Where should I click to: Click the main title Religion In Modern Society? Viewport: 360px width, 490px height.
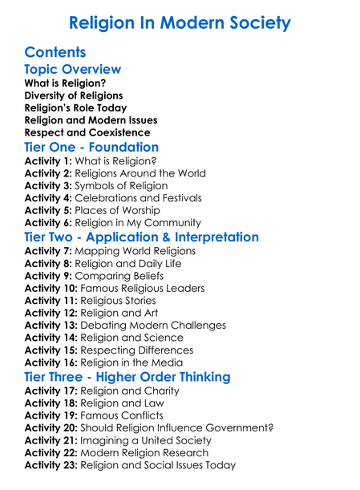(180, 23)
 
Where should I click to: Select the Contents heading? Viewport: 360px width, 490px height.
(55, 53)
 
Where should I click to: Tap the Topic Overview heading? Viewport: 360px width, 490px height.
(73, 70)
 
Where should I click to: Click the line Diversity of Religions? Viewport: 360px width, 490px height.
(74, 95)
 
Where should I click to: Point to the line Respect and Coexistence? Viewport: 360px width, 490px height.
(87, 132)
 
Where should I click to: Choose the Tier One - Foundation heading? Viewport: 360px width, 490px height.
(91, 148)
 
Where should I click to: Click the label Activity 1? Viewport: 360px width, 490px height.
(48, 160)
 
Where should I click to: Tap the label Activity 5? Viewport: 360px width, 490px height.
(48, 210)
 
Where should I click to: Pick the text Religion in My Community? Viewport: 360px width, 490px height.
(149, 223)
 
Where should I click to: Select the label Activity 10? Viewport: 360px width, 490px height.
(51, 288)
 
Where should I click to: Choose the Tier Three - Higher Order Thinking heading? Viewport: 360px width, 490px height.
(127, 377)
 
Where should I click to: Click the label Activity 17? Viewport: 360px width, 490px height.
(51, 391)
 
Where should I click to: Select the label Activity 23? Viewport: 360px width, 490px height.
(51, 465)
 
